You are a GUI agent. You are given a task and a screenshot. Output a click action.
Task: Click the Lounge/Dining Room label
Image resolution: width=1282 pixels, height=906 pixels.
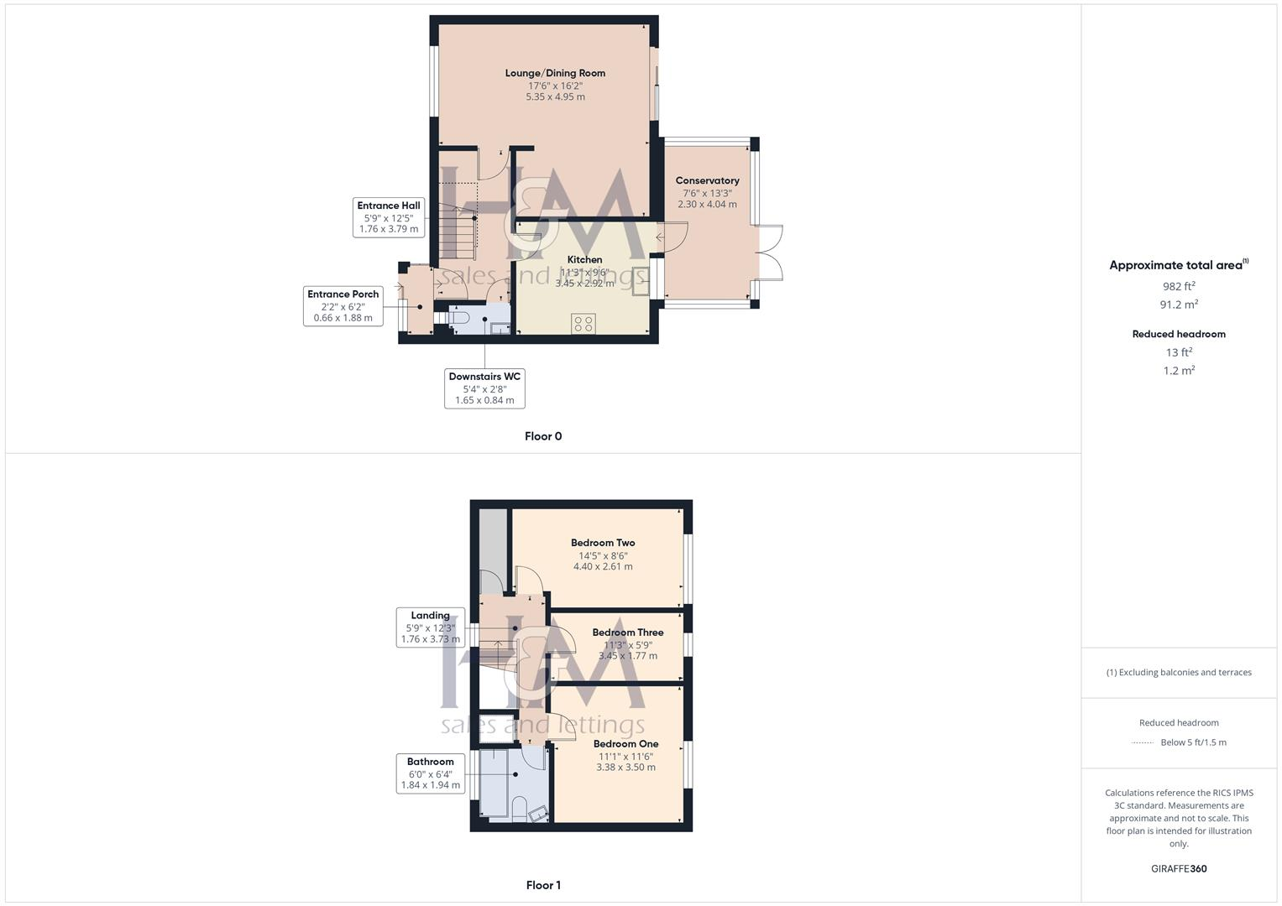[555, 73]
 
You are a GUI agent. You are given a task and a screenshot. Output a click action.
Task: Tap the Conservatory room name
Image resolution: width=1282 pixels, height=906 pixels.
[707, 180]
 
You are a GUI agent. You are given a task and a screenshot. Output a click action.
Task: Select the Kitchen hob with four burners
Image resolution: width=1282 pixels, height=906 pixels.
[584, 324]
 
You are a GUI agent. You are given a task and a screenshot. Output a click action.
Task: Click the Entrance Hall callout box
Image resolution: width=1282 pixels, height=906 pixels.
[388, 217]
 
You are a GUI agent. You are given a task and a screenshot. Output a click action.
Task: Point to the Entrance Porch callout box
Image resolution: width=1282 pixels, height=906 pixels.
[343, 306]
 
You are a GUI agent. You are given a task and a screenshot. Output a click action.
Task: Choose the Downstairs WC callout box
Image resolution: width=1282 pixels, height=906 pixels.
[484, 388]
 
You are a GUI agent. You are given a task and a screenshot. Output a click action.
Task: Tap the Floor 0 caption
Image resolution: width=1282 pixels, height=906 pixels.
[543, 436]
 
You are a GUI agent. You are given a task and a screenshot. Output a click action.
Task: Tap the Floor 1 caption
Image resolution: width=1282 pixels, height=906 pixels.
[543, 885]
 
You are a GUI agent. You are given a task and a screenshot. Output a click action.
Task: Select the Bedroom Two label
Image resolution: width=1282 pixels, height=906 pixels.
[603, 543]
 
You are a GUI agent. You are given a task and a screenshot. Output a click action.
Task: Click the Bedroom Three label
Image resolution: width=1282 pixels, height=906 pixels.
[627, 633]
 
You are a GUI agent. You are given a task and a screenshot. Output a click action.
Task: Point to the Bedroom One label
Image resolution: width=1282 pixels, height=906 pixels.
[625, 744]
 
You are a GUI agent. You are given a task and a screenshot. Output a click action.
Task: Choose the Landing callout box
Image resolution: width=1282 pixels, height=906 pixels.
[430, 627]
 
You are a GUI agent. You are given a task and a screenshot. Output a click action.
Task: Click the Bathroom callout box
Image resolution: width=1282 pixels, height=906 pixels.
[430, 773]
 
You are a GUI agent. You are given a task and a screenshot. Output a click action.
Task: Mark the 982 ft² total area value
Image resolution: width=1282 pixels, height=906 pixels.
[1178, 286]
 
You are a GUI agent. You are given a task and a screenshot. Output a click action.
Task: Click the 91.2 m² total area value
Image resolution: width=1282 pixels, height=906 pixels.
[1178, 305]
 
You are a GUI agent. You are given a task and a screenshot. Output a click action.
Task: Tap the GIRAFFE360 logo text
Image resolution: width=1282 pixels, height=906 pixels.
[1178, 868]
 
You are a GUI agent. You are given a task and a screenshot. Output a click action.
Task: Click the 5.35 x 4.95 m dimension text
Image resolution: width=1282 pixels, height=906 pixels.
[555, 96]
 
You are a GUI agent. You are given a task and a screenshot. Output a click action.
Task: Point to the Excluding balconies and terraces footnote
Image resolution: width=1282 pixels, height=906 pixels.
[1178, 672]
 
